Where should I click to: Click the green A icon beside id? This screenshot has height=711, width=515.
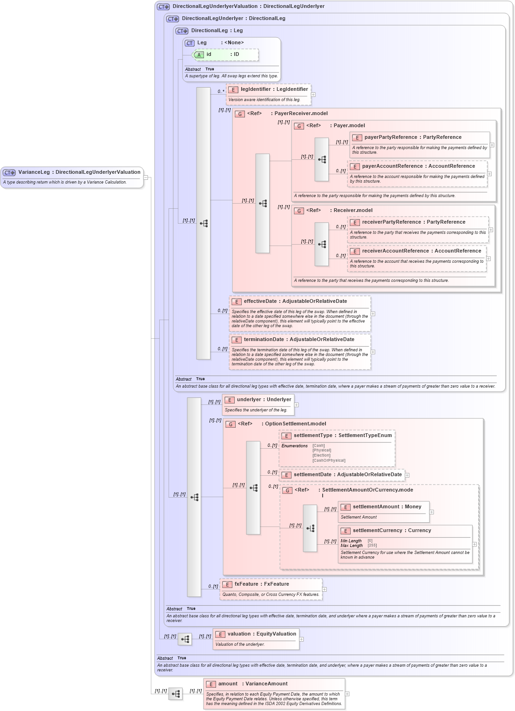pos(199,55)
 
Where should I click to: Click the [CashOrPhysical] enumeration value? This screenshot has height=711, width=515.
pos(329,460)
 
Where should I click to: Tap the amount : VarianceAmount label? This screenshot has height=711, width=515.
pos(252,684)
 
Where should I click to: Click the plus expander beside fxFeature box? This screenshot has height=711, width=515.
pos(325,589)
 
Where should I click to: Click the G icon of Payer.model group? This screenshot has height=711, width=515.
pos(299,126)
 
